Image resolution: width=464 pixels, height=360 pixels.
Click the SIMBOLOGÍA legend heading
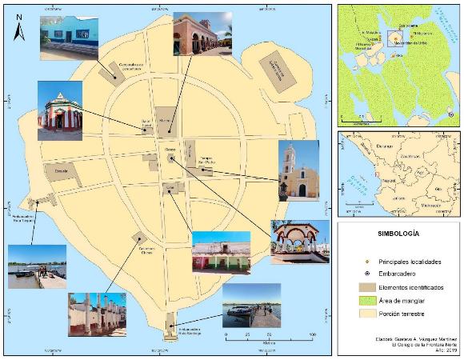398,234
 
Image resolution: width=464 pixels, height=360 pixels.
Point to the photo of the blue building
69,38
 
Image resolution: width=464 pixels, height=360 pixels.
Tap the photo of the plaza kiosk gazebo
300,242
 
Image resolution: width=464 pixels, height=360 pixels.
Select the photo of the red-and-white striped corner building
60,109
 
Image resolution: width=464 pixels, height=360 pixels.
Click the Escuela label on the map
61,171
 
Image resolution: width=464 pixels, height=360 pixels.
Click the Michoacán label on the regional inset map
433,205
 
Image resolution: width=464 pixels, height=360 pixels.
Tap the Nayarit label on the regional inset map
393,182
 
